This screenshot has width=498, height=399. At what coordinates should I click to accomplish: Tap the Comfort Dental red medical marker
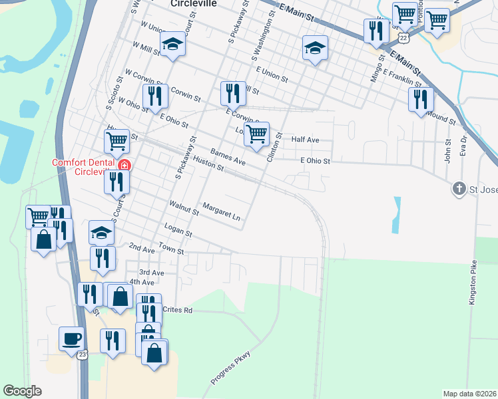coord(124,166)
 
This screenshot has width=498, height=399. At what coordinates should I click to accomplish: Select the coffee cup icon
coord(71,338)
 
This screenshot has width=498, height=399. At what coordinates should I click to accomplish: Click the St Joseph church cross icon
coord(459,189)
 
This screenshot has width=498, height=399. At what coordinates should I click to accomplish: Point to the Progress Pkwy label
coord(230,368)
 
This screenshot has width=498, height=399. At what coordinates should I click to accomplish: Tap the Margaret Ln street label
coord(221,211)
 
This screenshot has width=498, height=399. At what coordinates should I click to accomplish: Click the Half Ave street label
coord(306,140)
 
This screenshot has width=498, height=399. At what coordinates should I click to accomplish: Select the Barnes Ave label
coord(228,157)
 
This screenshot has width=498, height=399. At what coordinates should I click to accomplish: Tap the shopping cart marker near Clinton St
coord(256,134)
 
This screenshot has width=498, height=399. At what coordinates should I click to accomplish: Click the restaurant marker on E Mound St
coord(421,99)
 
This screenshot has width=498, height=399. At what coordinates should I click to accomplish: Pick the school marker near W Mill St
coord(173,44)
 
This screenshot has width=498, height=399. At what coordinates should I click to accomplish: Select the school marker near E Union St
coord(315,47)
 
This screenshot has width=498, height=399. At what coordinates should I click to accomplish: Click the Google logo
coord(22,391)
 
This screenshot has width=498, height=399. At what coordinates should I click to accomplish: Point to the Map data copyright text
coord(469,394)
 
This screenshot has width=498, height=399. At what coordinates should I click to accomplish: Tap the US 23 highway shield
coord(83,355)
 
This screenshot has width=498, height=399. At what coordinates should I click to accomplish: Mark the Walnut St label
coord(184,208)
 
